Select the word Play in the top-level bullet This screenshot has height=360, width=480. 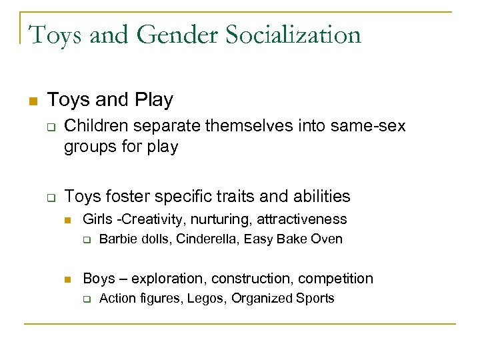click(153, 100)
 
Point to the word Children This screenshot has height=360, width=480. click(99, 126)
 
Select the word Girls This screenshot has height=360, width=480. click(96, 219)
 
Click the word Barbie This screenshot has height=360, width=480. click(115, 239)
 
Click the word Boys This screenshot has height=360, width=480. click(98, 279)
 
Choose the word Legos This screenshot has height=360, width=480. click(209, 299)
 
